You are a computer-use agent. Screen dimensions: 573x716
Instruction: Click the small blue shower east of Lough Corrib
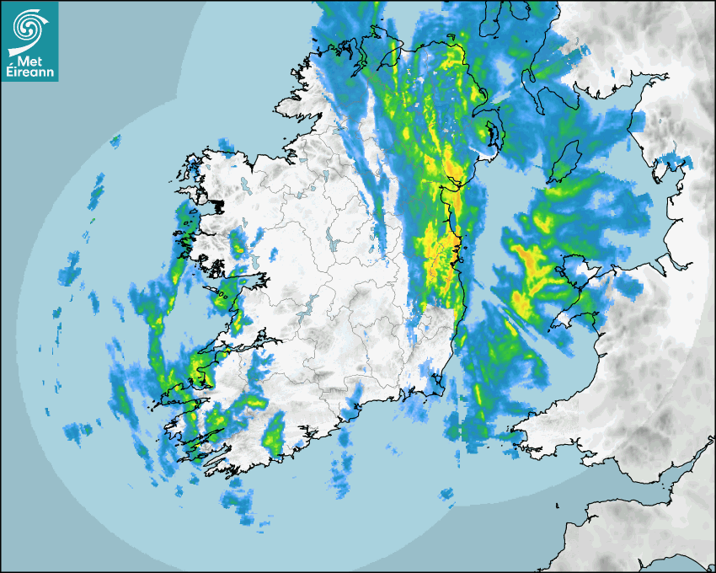[273, 252]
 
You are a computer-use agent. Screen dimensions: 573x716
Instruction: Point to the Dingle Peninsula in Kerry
[173, 391]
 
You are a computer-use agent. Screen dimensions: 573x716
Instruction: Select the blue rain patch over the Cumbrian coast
[674, 160]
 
